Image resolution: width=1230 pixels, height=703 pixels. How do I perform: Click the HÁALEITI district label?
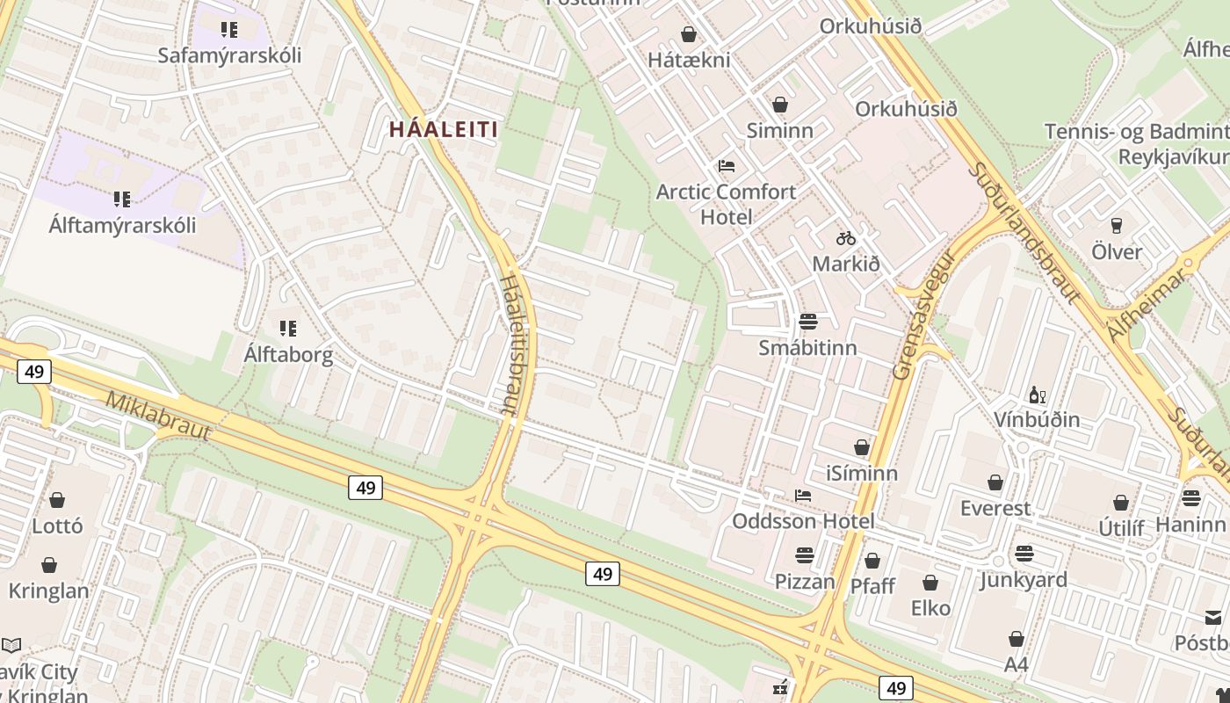tap(444, 130)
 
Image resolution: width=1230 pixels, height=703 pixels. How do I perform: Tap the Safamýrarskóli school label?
tap(229, 55)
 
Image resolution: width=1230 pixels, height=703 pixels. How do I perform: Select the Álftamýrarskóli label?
tap(122, 225)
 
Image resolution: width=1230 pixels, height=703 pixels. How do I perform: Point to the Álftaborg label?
tap(288, 355)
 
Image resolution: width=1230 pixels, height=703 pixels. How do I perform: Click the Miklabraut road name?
tap(159, 416)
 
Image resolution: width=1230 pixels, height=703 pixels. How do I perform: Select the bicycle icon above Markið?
tap(846, 238)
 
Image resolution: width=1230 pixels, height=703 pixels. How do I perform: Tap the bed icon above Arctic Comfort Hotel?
tap(727, 166)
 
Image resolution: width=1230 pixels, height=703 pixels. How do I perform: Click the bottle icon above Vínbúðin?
tap(1037, 395)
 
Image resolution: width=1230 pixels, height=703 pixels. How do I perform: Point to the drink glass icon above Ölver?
tap(1117, 226)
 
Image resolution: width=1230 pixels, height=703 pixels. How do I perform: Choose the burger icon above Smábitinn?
tap(808, 322)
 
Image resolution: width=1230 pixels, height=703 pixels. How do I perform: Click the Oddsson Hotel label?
tap(803, 521)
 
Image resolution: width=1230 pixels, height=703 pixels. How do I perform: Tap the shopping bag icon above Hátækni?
tap(689, 34)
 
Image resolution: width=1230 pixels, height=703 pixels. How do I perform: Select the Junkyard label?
tap(1024, 580)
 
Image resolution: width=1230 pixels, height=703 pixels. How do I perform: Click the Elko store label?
tap(930, 608)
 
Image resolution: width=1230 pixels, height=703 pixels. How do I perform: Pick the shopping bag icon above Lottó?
tap(57, 500)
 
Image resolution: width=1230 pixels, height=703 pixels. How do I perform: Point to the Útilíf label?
tap(1122, 528)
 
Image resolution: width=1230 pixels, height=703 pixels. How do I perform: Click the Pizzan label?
tap(805, 582)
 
